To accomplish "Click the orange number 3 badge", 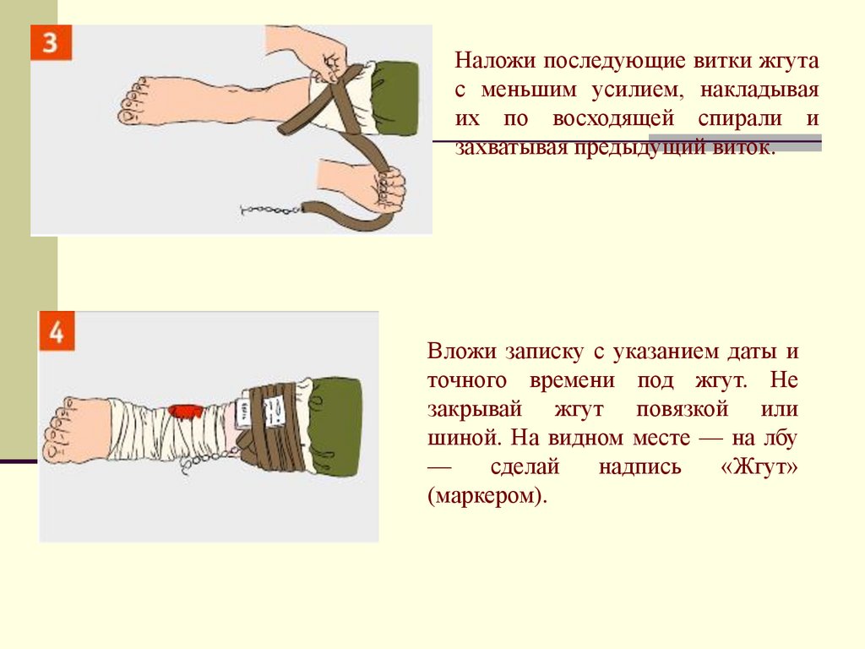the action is pyautogui.click(x=51, y=42).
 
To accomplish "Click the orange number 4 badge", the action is pyautogui.click(x=57, y=330).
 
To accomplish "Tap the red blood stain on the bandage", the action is pyautogui.click(x=185, y=412).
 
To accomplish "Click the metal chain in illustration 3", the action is pyautogui.click(x=271, y=210).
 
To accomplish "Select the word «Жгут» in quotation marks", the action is pyautogui.click(x=759, y=466).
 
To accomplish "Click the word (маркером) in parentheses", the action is pyautogui.click(x=487, y=495).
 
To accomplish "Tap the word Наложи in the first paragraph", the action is pyautogui.click(x=495, y=60).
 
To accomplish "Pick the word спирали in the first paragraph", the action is pyautogui.click(x=740, y=119).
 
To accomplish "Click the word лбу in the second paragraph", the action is pyautogui.click(x=780, y=438).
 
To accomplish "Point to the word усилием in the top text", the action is pyautogui.click(x=637, y=90).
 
